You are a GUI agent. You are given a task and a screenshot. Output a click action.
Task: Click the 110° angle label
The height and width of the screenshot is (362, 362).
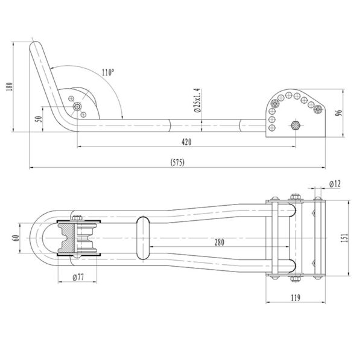(x=108, y=72)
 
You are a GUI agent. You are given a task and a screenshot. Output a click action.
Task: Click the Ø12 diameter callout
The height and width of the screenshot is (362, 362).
(x=335, y=183)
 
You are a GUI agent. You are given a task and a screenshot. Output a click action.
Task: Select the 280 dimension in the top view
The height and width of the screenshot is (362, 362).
(x=219, y=243)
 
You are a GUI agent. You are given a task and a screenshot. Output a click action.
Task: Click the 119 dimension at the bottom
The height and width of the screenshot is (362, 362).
(x=295, y=297)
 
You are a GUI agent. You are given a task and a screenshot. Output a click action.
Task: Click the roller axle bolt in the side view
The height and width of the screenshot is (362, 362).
(x=78, y=107)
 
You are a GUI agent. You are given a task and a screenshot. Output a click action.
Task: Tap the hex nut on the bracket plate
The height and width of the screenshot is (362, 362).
(x=295, y=125)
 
